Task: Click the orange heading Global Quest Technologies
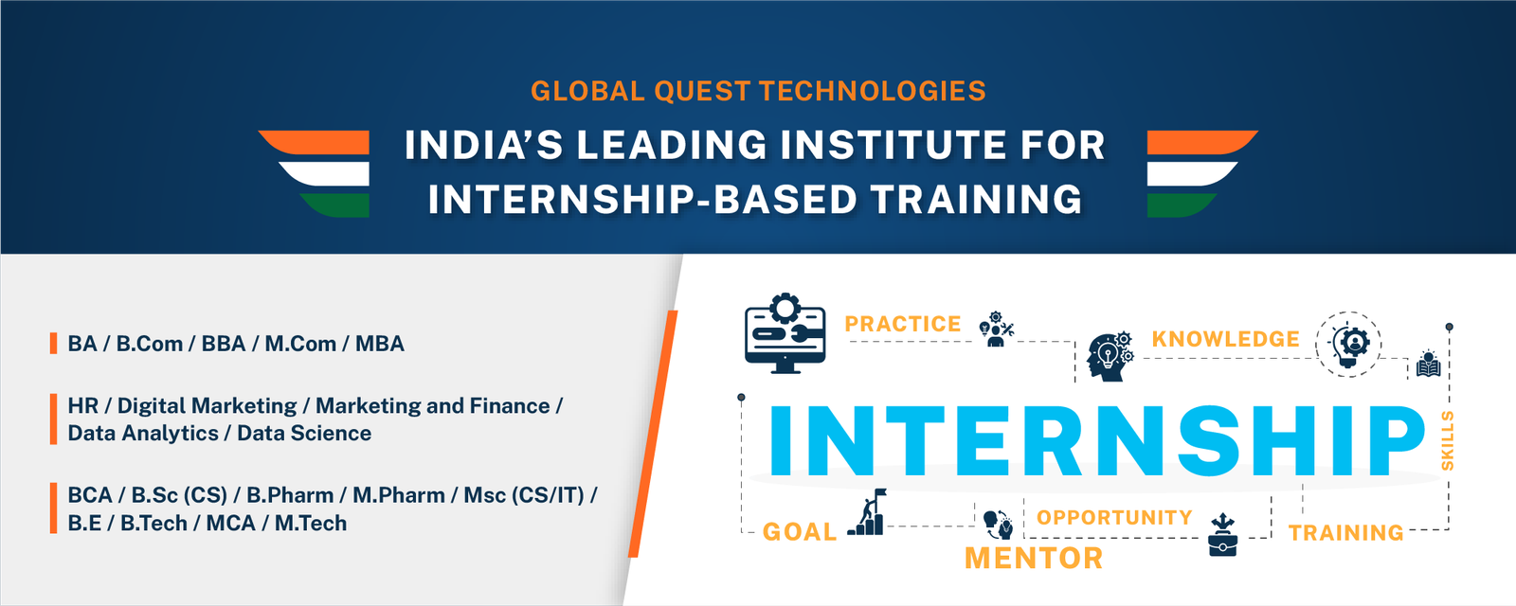click(758, 91)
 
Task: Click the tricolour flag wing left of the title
click(314, 173)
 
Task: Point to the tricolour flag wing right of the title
click(1202, 173)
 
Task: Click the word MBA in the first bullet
click(380, 344)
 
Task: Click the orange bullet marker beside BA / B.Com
click(53, 343)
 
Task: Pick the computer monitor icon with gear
click(785, 333)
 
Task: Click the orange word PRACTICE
click(903, 324)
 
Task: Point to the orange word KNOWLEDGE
click(1226, 339)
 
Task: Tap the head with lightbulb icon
click(1110, 356)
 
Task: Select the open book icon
click(1428, 364)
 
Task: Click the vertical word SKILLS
click(1448, 440)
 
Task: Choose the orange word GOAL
click(800, 531)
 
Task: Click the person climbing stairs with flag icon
click(867, 512)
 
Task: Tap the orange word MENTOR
click(1034, 559)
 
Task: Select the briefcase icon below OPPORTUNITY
click(1222, 534)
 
